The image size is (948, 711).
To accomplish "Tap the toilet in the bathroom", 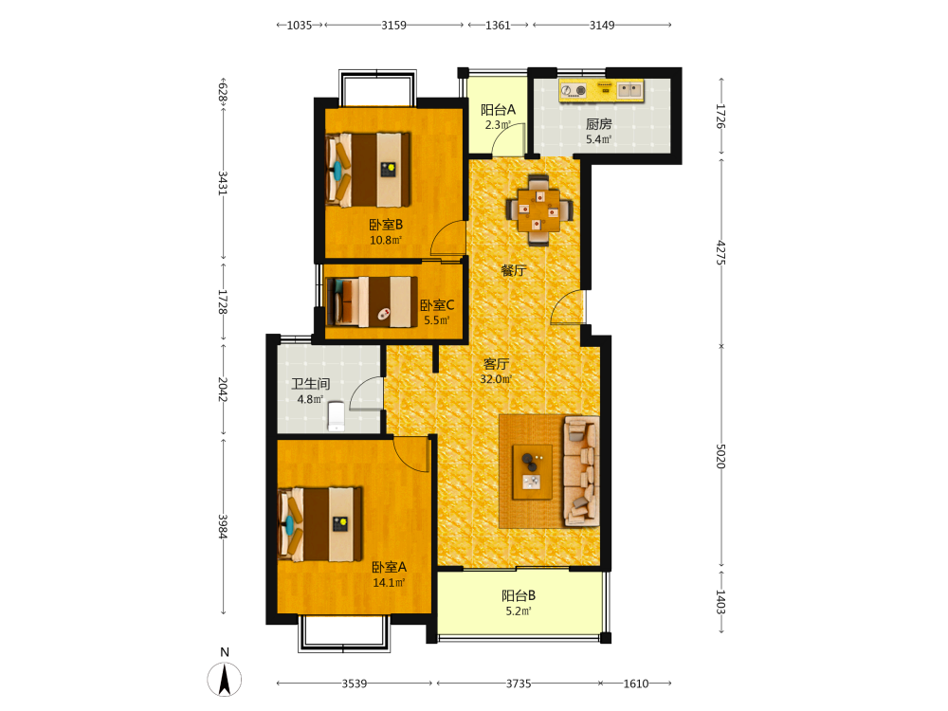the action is pos(337,416).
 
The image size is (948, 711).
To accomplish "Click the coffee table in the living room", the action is pos(532,472).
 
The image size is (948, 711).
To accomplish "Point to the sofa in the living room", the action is pos(582,471).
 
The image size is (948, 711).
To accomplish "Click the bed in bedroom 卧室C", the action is pos(372,301).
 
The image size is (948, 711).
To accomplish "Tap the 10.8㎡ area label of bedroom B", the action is pos(386,240).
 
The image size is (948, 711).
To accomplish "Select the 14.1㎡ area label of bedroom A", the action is pos(389,583).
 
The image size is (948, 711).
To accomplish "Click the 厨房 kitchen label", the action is pos(598,124).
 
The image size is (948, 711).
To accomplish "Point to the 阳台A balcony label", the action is pos(499,109).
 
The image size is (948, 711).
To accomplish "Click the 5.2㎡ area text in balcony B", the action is pos(519,611).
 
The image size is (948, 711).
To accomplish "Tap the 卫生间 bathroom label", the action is pos(311,383).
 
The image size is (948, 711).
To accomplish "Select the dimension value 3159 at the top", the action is pos(393,26).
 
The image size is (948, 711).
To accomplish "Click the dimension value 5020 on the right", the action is pos(720,456).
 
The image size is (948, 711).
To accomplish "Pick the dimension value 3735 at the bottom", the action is pos(519,684).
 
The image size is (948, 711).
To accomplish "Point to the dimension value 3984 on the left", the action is pos(223,526).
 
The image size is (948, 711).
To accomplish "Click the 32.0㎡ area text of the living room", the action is pos(496,379).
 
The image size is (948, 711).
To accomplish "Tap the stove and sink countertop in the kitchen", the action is pos(601,90).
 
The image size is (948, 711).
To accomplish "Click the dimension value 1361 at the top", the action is pos(499,26).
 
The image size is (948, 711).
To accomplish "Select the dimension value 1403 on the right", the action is pos(720,602).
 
